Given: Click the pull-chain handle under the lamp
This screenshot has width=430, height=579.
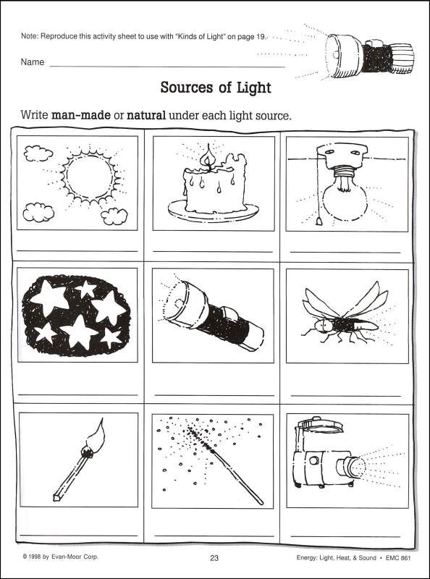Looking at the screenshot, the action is (x=319, y=221).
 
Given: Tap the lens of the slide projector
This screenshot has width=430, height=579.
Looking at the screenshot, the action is (x=355, y=467).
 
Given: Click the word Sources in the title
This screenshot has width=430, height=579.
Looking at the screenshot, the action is (x=187, y=88).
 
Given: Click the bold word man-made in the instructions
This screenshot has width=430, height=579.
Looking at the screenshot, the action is (x=80, y=115).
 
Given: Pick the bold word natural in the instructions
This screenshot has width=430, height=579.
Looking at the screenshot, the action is (x=146, y=115).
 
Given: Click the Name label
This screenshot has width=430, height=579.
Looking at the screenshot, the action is (x=33, y=62).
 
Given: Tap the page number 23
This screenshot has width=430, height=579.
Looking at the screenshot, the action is (x=214, y=558).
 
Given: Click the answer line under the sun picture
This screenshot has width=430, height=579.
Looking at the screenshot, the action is (x=77, y=251).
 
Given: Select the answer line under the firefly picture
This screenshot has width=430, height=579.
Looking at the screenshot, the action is (x=346, y=395).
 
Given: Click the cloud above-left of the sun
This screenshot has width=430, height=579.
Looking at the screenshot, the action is (x=38, y=153).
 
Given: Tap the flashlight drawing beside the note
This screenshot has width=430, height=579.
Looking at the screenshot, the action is (x=368, y=55).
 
